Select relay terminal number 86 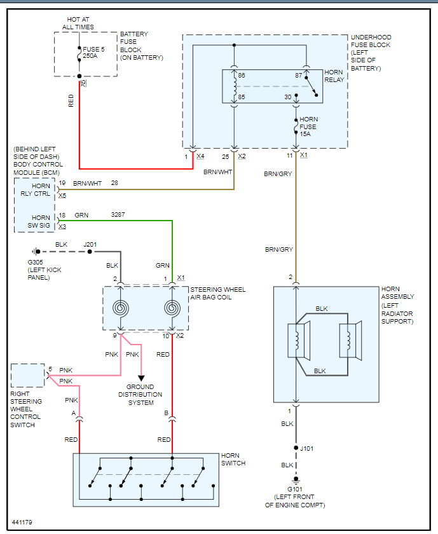[241, 76]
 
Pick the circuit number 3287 [118, 215]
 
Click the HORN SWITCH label [233, 459]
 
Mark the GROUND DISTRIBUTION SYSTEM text [140, 394]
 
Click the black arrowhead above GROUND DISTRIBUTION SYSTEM [141, 378]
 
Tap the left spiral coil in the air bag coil [121, 308]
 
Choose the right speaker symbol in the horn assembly [350, 340]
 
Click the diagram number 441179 [22, 522]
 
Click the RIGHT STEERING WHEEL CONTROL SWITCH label [26, 409]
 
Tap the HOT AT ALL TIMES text [78, 24]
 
